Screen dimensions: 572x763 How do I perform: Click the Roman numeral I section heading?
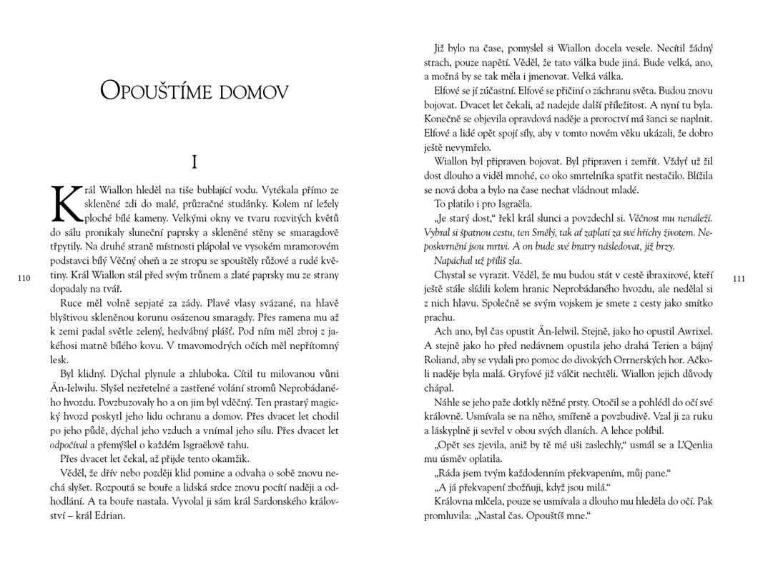(x=194, y=162)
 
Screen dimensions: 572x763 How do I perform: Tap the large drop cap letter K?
(x=66, y=202)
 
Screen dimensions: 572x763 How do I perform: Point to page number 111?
(x=739, y=278)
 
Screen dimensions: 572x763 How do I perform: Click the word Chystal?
(x=452, y=275)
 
